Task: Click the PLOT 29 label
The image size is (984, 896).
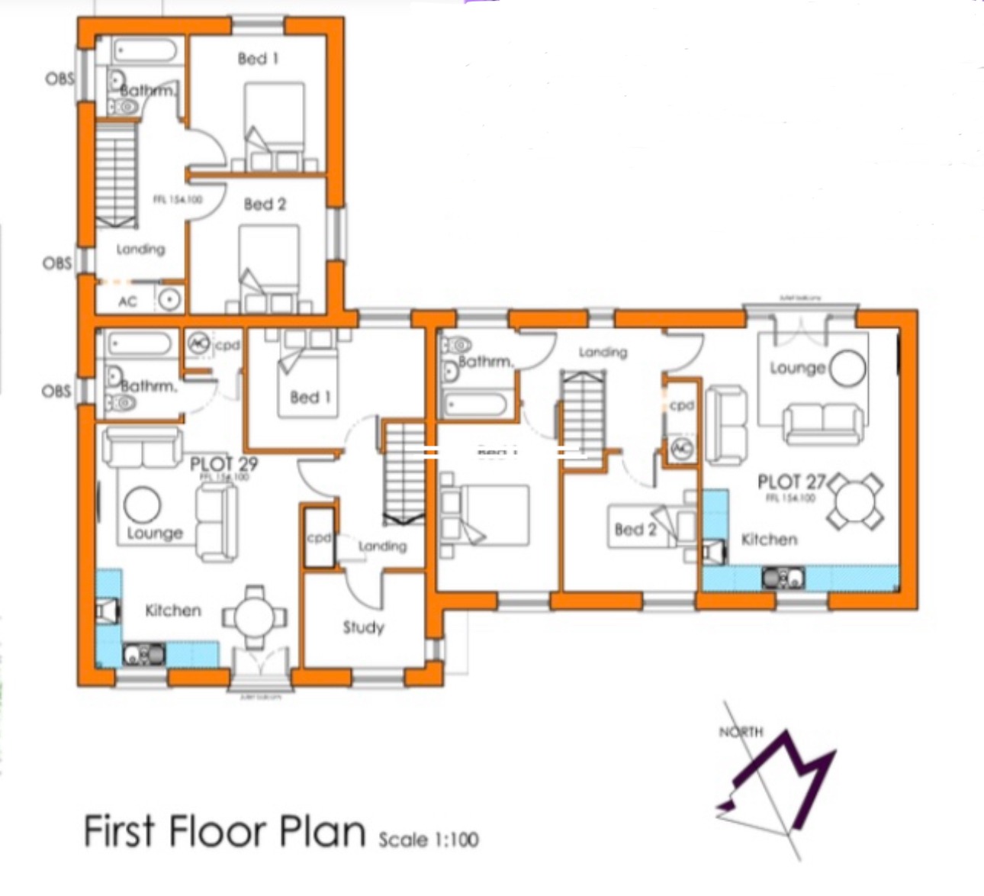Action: click(x=223, y=464)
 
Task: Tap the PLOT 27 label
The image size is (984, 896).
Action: click(x=791, y=482)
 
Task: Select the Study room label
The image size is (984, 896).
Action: click(x=363, y=627)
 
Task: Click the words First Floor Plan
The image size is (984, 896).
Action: click(x=225, y=830)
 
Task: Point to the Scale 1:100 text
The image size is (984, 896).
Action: click(x=429, y=840)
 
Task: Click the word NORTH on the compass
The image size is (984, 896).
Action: click(x=740, y=732)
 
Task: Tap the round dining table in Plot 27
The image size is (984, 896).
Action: click(x=855, y=501)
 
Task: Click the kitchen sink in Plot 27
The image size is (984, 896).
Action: click(x=783, y=578)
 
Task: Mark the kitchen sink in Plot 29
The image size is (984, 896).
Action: click(x=143, y=655)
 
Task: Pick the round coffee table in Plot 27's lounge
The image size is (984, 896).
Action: click(x=847, y=369)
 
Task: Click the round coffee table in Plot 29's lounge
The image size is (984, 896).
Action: click(x=143, y=505)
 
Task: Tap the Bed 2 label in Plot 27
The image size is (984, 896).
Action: click(x=635, y=529)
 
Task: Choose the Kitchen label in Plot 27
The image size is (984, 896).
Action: click(x=769, y=540)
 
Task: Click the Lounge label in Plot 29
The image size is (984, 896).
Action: click(x=154, y=533)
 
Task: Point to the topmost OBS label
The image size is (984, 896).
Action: click(x=59, y=79)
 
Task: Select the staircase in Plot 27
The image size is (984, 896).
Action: click(x=584, y=412)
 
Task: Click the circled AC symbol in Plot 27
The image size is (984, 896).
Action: click(x=680, y=449)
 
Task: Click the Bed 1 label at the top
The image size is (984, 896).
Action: click(x=258, y=59)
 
